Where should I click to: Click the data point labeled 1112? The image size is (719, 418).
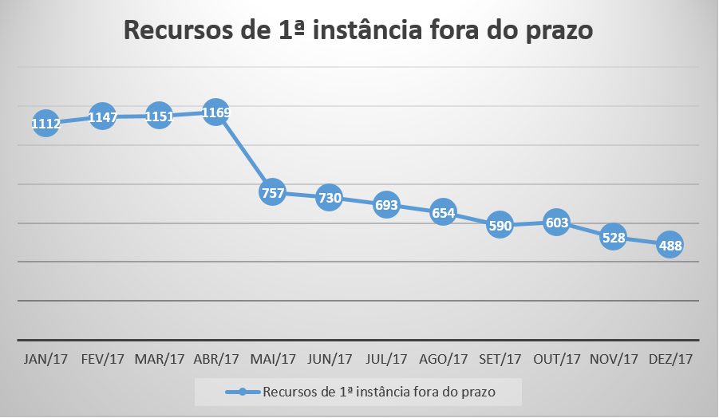click(x=45, y=123)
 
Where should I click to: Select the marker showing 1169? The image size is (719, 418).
click(x=215, y=112)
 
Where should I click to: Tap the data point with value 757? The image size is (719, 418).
click(x=272, y=193)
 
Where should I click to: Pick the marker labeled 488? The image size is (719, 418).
click(x=670, y=246)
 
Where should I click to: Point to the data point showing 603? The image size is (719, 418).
click(x=556, y=223)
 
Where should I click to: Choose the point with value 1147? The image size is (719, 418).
click(x=103, y=118)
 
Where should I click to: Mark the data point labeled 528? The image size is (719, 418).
click(x=613, y=237)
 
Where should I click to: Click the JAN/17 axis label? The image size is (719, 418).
click(x=46, y=359)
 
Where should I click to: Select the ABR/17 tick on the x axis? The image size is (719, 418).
click(x=216, y=359)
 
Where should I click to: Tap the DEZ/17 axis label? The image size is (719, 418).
click(x=670, y=359)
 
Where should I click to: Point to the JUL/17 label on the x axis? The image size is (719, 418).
click(x=386, y=359)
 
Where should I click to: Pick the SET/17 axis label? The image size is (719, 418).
click(x=500, y=359)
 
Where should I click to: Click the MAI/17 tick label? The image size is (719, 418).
click(x=273, y=359)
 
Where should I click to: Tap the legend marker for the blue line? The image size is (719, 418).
click(x=243, y=392)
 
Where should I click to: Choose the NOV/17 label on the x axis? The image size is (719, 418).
click(x=613, y=359)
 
